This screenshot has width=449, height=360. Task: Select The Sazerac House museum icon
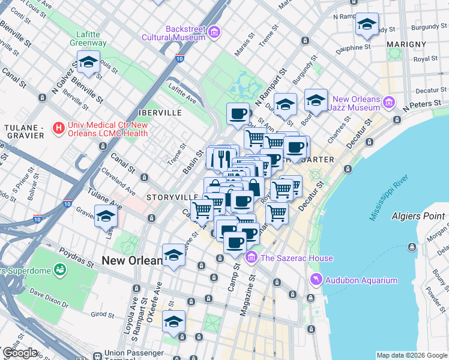click(252, 258)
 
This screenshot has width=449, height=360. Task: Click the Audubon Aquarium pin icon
click(316, 280)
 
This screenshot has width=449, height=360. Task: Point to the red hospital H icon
click(59, 128)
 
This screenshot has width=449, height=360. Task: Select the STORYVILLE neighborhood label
click(172, 197)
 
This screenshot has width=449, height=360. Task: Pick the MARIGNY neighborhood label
click(406, 44)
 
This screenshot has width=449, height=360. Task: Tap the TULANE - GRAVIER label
click(24, 131)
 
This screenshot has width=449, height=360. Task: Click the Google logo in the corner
click(19, 353)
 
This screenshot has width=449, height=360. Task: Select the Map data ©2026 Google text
click(412, 355)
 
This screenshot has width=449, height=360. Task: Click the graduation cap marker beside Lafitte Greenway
click(88, 62)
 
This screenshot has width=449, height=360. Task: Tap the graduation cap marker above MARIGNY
click(366, 25)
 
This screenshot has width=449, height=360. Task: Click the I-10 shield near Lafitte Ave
click(179, 58)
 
